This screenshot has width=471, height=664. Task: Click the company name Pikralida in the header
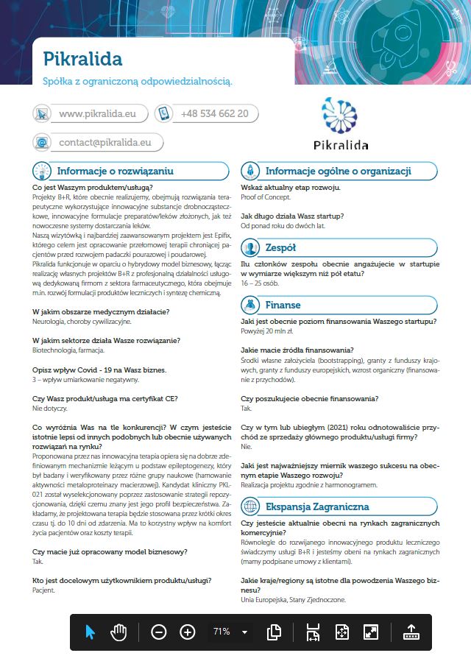tap(82, 58)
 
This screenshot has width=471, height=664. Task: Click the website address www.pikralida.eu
tap(96, 114)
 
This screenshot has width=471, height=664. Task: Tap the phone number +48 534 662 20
tap(214, 114)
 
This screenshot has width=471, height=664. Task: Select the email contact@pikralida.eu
tap(105, 142)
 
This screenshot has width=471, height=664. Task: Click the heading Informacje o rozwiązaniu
tap(115, 171)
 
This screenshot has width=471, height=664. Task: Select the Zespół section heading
tap(281, 247)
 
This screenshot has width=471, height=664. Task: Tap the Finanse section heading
tap(283, 304)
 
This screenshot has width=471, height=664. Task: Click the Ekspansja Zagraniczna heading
tap(317, 507)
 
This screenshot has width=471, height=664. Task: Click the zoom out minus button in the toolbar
tap(160, 632)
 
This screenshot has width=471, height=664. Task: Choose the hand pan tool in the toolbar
tap(118, 632)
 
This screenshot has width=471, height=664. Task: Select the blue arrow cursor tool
tap(91, 632)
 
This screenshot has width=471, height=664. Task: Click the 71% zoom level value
tap(221, 632)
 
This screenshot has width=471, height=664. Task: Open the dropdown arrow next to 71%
tap(244, 632)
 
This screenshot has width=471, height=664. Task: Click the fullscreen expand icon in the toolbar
tap(371, 632)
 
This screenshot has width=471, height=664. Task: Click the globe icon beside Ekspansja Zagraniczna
tap(251, 507)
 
